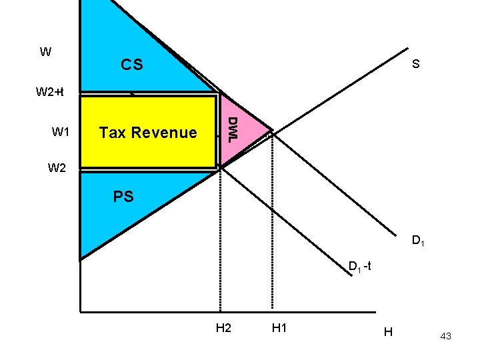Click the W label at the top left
(x=45, y=52)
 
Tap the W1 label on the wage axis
(x=60, y=132)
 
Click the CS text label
(x=131, y=65)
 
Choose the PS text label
(x=123, y=197)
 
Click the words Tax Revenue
(x=148, y=133)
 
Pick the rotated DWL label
(x=231, y=129)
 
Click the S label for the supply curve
(x=415, y=65)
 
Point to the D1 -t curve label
(x=364, y=267)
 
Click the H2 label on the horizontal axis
(x=224, y=328)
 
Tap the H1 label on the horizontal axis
(x=279, y=328)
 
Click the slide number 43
(x=445, y=337)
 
